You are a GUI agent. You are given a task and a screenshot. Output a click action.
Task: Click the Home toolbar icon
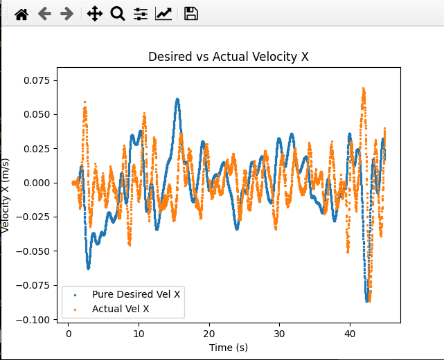click(21, 14)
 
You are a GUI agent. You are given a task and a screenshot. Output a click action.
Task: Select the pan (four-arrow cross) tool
click(95, 14)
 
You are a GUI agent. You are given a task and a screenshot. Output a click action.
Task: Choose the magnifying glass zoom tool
click(117, 14)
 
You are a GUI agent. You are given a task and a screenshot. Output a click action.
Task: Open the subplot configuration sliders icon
click(141, 14)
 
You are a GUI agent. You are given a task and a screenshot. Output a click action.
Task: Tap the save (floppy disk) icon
click(191, 14)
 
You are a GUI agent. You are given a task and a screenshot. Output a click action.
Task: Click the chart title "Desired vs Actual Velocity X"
click(229, 57)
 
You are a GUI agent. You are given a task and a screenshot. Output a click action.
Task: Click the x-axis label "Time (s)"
click(229, 347)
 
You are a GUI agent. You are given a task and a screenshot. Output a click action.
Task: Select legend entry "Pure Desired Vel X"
click(136, 294)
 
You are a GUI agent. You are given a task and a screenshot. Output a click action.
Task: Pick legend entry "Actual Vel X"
click(121, 309)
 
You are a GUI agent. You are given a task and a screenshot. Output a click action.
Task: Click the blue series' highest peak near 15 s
click(177, 100)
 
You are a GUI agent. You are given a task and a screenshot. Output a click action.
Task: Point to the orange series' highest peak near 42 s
click(363, 89)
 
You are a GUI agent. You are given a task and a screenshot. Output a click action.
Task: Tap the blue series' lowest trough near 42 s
click(367, 300)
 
